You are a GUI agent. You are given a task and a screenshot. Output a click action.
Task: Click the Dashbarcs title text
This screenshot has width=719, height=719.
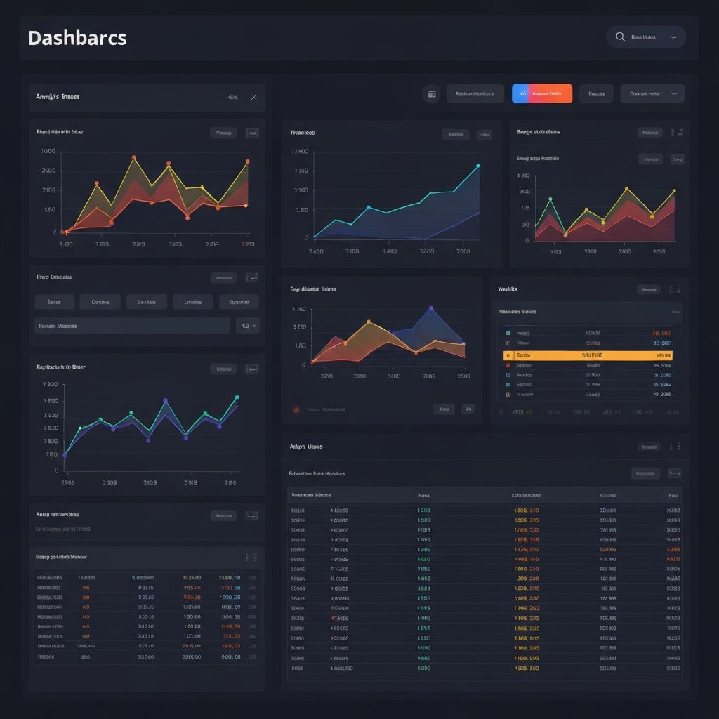[x=77, y=38]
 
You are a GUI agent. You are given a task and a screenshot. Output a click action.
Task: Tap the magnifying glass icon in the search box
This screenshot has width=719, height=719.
[x=620, y=37]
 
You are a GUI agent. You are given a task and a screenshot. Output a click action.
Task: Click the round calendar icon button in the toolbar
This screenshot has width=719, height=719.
[x=431, y=93]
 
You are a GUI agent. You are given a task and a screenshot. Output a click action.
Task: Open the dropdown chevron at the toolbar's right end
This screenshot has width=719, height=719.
[x=675, y=93]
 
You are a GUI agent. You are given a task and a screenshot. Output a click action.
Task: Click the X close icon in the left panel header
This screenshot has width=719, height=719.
[x=253, y=98]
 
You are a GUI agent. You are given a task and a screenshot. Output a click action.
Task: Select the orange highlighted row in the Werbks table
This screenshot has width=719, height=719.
[x=588, y=355]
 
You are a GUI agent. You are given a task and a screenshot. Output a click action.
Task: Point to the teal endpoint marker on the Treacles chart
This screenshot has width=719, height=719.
[x=477, y=166]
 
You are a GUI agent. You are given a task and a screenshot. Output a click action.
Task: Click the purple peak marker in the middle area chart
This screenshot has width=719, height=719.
[x=431, y=308]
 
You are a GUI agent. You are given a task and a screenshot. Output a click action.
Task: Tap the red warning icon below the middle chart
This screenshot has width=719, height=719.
[x=296, y=409]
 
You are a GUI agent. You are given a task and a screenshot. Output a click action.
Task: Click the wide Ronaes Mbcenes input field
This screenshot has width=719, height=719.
[x=133, y=326]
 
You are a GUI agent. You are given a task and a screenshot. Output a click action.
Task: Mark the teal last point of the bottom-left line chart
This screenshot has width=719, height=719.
[x=237, y=397]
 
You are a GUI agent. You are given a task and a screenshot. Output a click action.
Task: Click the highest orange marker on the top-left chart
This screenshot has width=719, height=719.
[x=133, y=157]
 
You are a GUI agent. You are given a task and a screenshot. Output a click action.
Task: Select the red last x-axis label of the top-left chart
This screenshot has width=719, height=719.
[x=247, y=244]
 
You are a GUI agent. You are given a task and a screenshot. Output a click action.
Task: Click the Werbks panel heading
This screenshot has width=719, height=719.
[x=508, y=289]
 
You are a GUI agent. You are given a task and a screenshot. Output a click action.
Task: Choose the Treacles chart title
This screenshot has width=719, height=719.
[x=302, y=132]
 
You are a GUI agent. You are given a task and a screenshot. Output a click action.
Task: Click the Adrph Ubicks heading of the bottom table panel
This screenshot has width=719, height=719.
[x=306, y=446]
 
